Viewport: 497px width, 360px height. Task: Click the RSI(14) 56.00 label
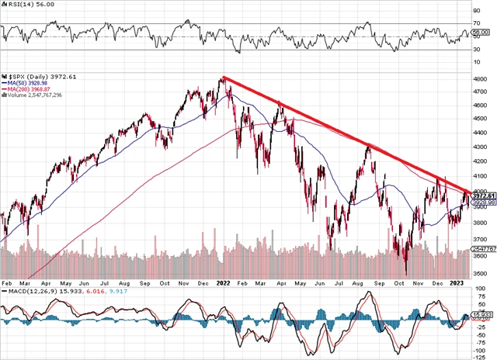click(x=21, y=5)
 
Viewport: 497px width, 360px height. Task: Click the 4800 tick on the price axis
click(x=481, y=78)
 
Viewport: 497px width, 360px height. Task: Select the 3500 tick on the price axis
click(x=481, y=273)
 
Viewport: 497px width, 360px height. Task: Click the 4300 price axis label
click(x=481, y=147)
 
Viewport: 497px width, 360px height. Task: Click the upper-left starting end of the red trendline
click(x=223, y=77)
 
